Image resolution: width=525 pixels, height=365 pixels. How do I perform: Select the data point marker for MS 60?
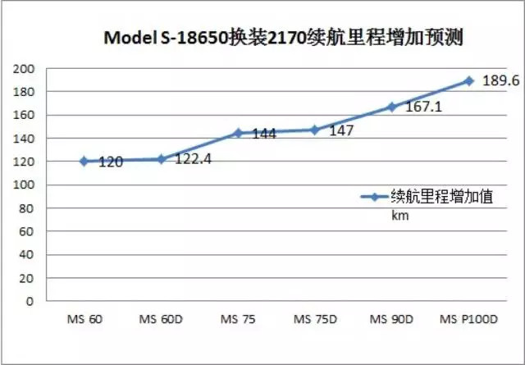point(84,161)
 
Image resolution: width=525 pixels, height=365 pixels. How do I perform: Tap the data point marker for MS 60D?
point(161,158)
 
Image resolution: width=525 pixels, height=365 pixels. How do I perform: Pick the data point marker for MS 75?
point(238,133)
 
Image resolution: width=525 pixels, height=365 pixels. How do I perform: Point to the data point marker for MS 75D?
point(314,130)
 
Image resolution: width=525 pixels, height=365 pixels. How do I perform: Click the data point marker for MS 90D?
point(391,107)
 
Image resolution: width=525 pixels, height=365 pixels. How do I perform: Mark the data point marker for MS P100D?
point(468,80)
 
